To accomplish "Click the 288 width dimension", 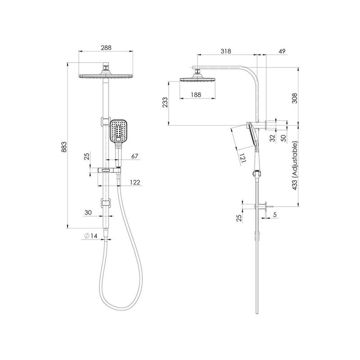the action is pyautogui.click(x=106, y=48).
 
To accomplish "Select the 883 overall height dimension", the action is pyautogui.click(x=64, y=147).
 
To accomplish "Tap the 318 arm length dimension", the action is pyautogui.click(x=226, y=51).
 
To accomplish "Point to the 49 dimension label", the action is pyautogui.click(x=282, y=51).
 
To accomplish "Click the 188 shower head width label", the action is pyautogui.click(x=196, y=94).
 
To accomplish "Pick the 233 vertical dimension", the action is pyautogui.click(x=165, y=103).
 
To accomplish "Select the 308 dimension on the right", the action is pyautogui.click(x=294, y=98).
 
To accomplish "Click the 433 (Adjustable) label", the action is pyautogui.click(x=295, y=166).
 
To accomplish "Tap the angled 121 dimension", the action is pyautogui.click(x=243, y=158).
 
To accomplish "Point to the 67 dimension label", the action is pyautogui.click(x=135, y=156).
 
